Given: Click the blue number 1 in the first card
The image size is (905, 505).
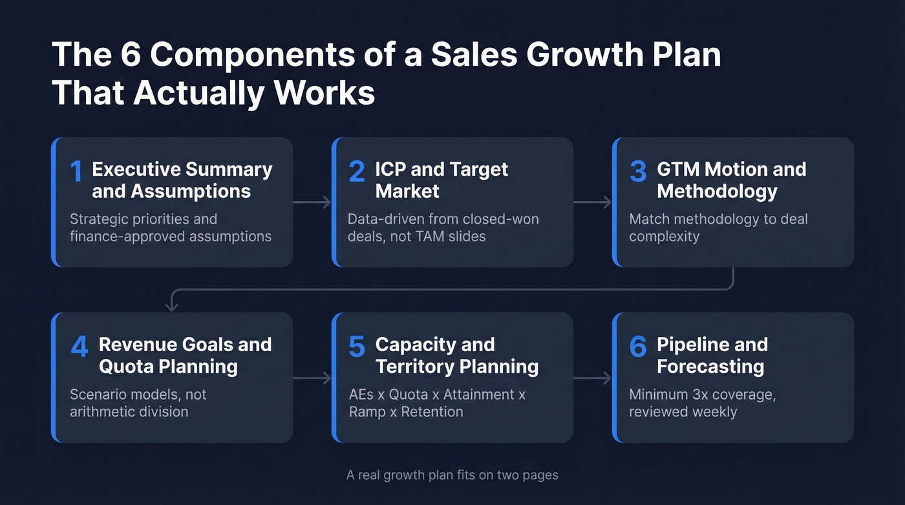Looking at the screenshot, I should [76, 172].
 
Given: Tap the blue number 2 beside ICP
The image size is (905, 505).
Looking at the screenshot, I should [357, 172].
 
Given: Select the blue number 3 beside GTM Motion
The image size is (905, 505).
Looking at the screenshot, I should [638, 172].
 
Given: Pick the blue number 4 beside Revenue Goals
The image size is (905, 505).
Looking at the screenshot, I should [79, 347].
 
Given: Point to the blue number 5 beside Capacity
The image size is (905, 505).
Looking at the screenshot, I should [357, 347].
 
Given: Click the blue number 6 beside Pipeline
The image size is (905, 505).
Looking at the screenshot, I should [638, 347].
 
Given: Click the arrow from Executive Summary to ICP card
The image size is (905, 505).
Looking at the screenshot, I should [312, 202].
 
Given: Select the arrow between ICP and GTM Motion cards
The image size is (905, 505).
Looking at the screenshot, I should [593, 202].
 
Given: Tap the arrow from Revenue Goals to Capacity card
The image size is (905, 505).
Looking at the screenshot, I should [312, 378].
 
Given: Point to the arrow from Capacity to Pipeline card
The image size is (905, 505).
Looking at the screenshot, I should [593, 378].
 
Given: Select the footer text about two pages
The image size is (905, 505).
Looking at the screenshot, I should [452, 475].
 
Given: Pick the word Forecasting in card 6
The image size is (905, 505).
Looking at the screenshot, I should [710, 367].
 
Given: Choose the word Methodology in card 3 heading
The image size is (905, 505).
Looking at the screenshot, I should [717, 191].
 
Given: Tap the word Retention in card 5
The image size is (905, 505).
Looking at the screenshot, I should [432, 411].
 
